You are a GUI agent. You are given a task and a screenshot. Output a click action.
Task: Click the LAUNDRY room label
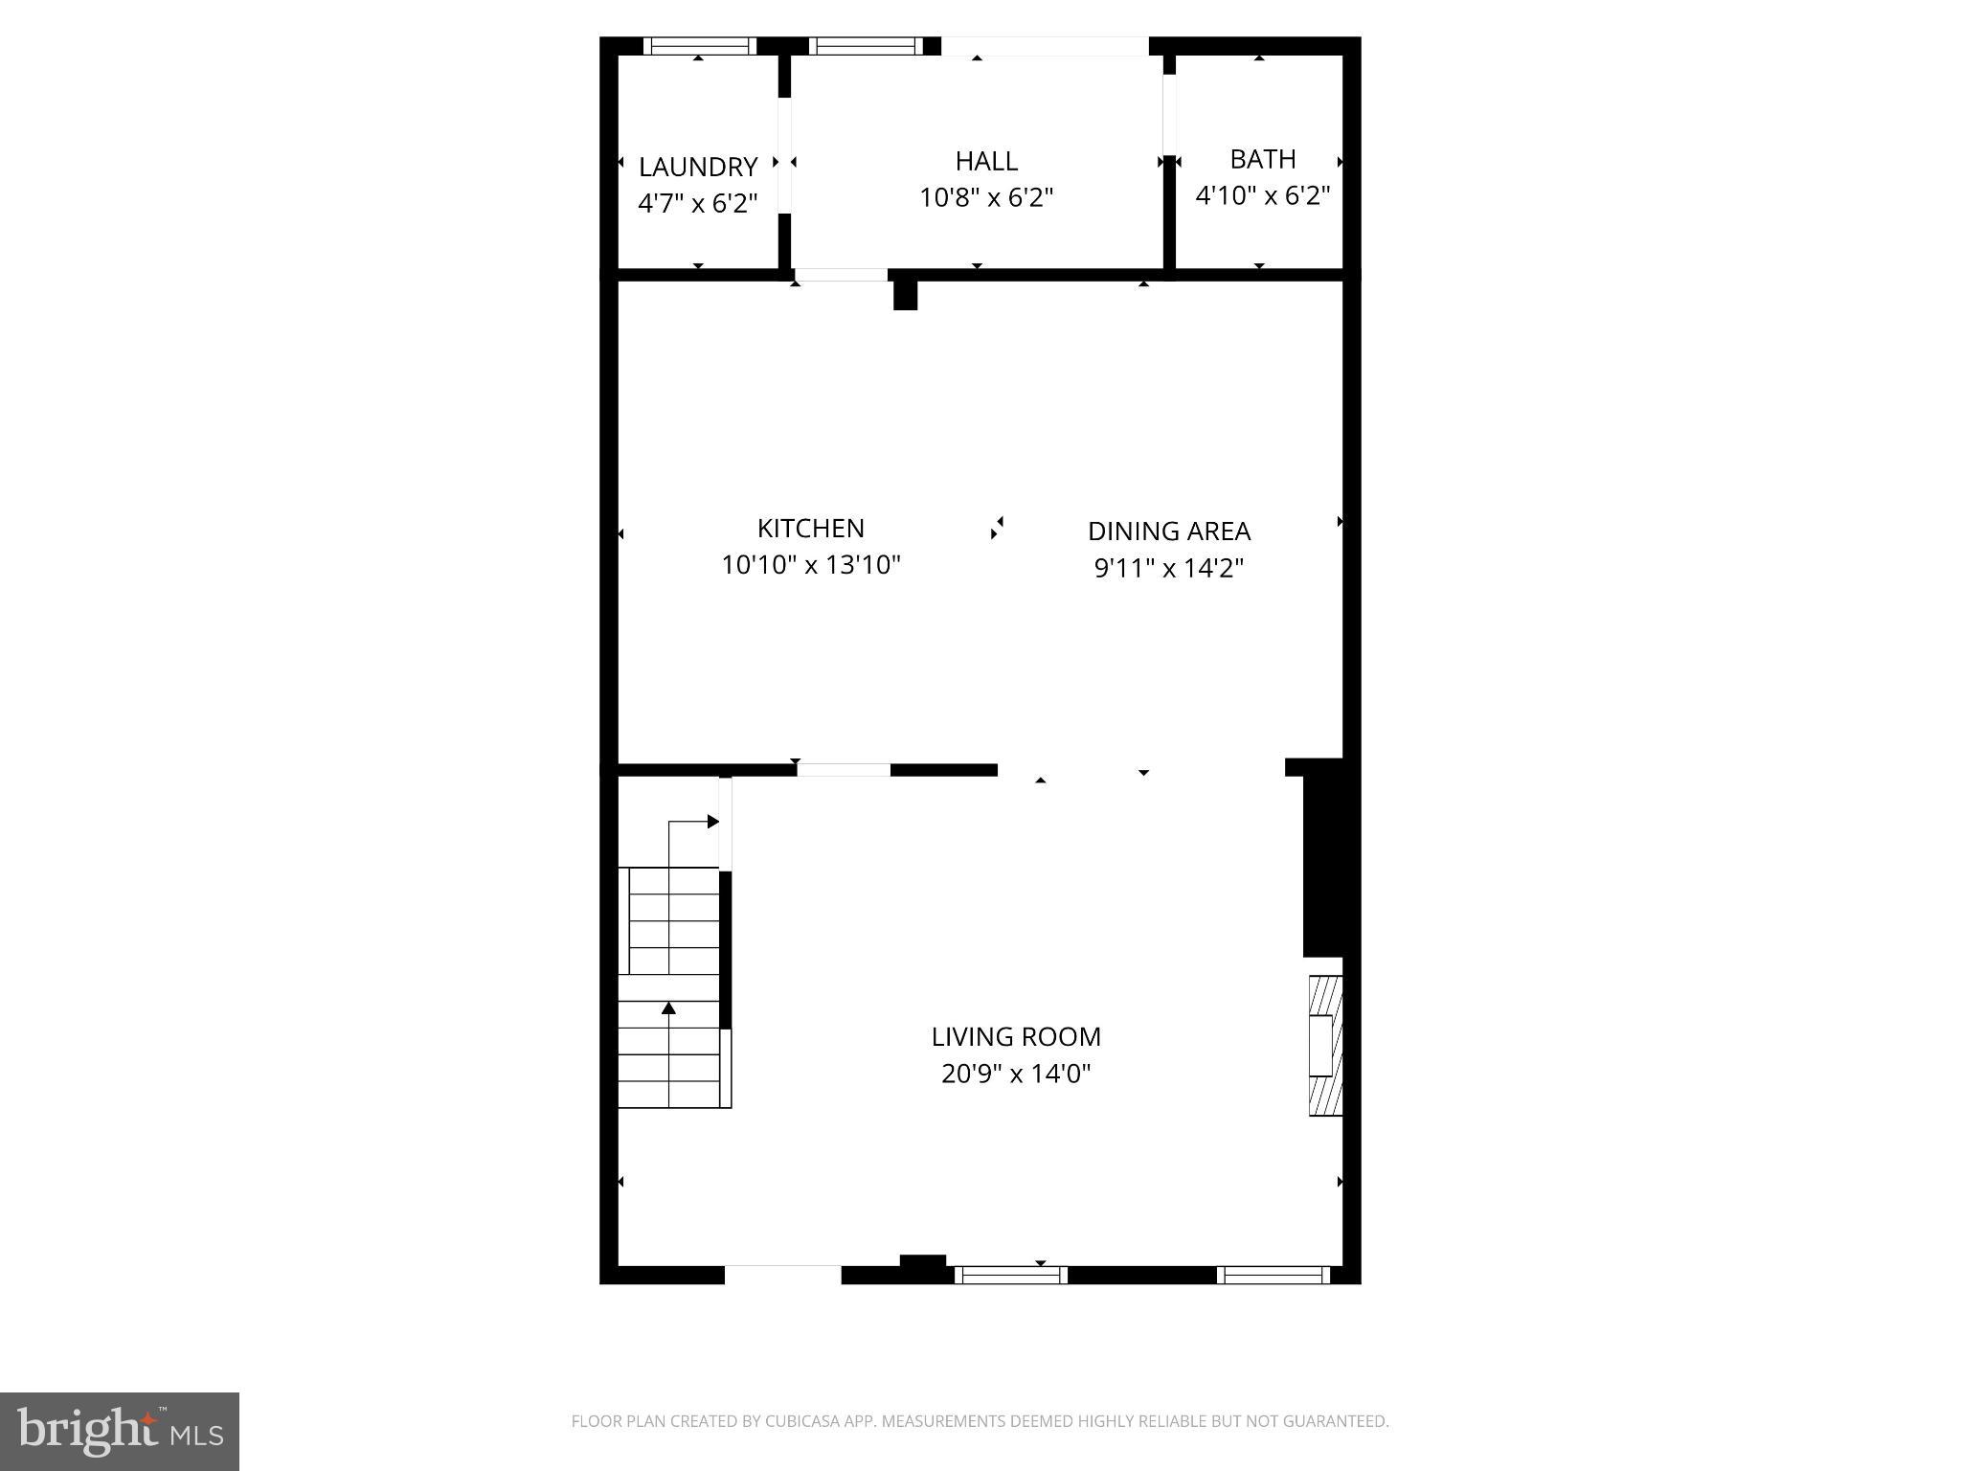pyautogui.click(x=698, y=167)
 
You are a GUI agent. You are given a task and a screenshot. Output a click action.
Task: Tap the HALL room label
pyautogui.click(x=986, y=161)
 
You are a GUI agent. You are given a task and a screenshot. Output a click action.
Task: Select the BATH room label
pyautogui.click(x=1263, y=159)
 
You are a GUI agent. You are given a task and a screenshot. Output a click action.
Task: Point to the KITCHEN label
pyautogui.click(x=811, y=528)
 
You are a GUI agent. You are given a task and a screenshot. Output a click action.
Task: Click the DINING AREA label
pyautogui.click(x=1169, y=531)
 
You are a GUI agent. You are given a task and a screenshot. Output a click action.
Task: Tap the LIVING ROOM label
pyautogui.click(x=1016, y=1036)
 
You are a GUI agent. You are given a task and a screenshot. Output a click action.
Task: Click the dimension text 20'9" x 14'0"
pyautogui.click(x=1016, y=1074)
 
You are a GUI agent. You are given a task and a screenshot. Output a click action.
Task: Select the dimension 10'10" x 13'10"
pyautogui.click(x=811, y=565)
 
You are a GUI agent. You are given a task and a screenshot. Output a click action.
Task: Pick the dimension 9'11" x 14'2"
pyautogui.click(x=1169, y=568)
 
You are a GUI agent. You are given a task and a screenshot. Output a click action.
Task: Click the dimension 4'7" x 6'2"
pyautogui.click(x=698, y=203)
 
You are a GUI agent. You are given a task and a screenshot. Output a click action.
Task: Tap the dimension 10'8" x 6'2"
pyautogui.click(x=986, y=198)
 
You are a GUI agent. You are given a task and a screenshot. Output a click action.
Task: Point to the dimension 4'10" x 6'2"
pyautogui.click(x=1263, y=195)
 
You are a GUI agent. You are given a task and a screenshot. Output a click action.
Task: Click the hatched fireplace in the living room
pyautogui.click(x=1326, y=1045)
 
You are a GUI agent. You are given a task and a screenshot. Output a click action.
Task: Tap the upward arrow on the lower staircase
pyautogui.click(x=668, y=1008)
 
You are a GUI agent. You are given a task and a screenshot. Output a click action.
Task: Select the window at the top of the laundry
pyautogui.click(x=699, y=46)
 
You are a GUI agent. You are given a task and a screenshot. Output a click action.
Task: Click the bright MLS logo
pyautogui.click(x=120, y=1432)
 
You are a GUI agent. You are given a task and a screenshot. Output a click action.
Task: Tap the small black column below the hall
pyautogui.click(x=905, y=294)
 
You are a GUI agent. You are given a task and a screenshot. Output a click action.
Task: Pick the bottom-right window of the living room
pyautogui.click(x=1274, y=1275)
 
